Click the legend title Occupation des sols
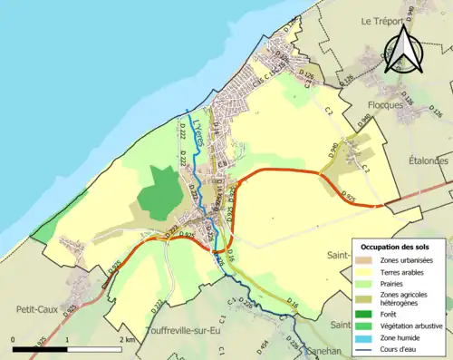[x=396, y=246]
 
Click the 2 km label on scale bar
[x=128, y=338]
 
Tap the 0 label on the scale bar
[x=14, y=338]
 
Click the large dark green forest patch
[x=160, y=192]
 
